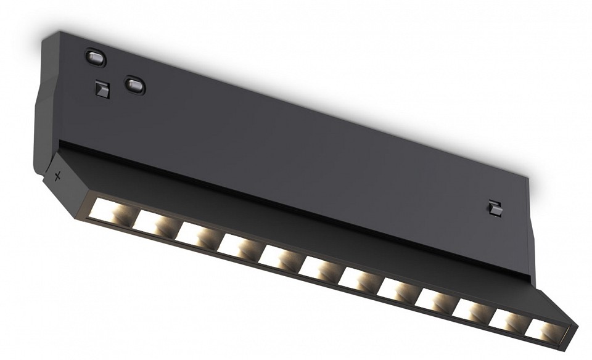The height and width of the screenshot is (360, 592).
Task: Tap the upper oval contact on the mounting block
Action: click(x=96, y=58)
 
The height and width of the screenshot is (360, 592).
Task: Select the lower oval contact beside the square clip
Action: click(x=134, y=84)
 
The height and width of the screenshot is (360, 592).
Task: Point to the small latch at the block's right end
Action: click(x=493, y=208)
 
